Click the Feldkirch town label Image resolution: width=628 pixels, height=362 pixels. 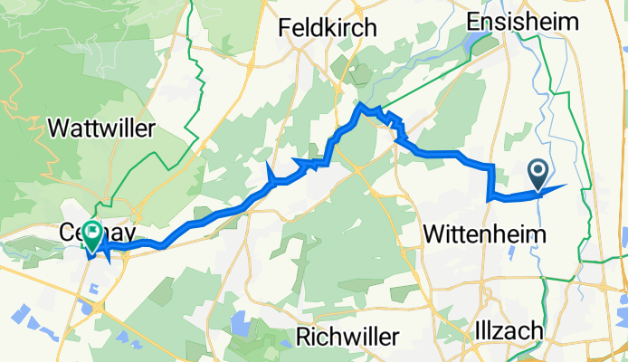[x=328, y=28]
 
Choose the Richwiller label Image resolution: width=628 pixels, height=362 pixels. [x=348, y=337]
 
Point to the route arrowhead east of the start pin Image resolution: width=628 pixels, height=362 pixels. [x=555, y=188]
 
